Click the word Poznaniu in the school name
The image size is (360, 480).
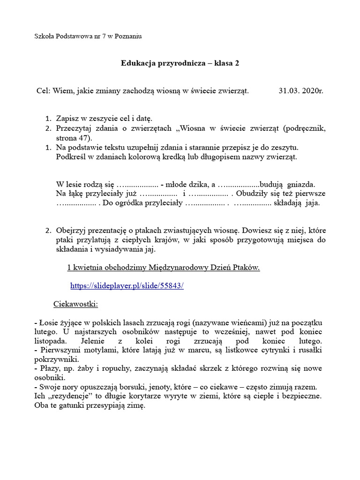tap(127, 36)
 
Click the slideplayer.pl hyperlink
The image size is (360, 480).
tap(127, 285)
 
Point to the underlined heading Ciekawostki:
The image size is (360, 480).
tap(75, 304)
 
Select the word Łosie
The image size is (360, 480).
tap(48, 322)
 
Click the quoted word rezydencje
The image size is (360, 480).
tap(69, 396)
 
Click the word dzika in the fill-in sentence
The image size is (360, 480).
tap(197, 184)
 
